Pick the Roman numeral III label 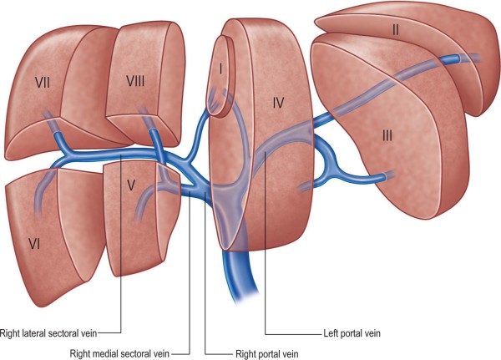(386, 134)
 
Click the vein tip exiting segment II (474, 58)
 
